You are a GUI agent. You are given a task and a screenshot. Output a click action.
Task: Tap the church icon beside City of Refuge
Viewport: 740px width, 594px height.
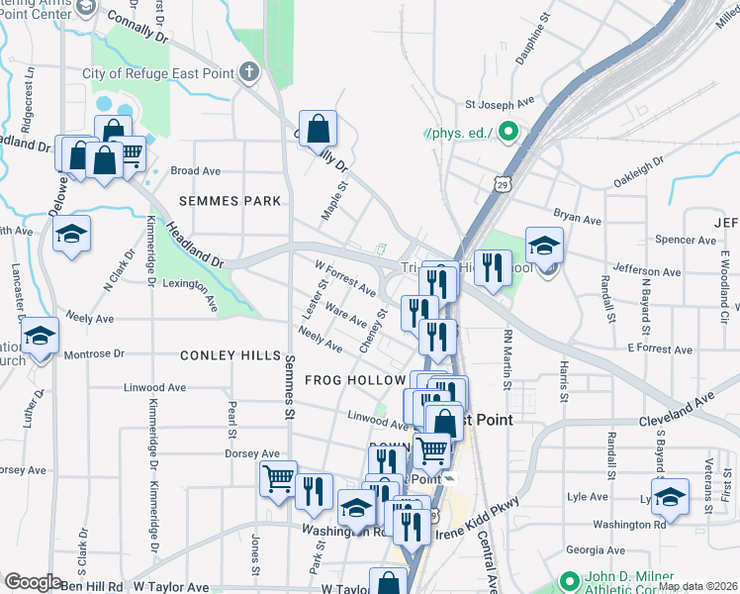pos(248,72)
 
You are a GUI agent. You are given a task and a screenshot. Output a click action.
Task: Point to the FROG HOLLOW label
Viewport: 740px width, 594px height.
pos(355,380)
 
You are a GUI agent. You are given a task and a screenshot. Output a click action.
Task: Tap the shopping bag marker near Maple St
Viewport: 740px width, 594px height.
pos(318,130)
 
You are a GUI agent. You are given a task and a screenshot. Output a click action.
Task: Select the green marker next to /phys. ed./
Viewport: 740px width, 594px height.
pos(509,131)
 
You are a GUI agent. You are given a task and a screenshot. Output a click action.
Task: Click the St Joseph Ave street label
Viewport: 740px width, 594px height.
pos(500,102)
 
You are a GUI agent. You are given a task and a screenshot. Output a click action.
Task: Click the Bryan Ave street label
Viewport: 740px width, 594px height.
pos(578,218)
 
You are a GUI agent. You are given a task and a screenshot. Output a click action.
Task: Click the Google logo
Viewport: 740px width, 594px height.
pos(32,582)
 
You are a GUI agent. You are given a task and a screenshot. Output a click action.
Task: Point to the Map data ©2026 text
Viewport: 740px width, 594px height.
pos(696,586)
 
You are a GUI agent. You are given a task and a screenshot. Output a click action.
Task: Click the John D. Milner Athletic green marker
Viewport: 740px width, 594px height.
pos(568,581)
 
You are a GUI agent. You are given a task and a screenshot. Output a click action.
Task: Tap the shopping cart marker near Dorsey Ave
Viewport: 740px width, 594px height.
pos(278,479)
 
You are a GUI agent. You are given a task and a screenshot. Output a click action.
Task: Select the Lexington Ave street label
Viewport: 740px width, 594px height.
pos(179,294)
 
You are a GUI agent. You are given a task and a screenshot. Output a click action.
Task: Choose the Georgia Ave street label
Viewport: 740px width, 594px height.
pos(593,549)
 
